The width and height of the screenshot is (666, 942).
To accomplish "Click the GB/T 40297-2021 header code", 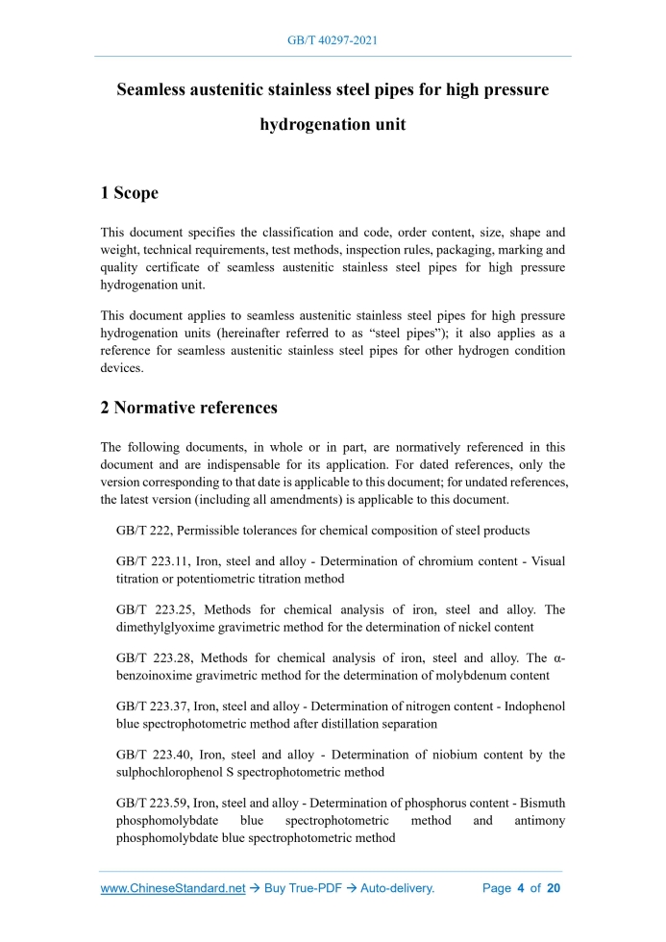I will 333,41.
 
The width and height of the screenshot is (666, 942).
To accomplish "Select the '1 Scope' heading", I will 130,193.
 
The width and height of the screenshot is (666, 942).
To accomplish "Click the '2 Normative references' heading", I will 189,408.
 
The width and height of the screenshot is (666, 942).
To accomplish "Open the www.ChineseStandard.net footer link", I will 173,888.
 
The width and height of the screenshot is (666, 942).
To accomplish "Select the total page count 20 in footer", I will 553,888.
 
